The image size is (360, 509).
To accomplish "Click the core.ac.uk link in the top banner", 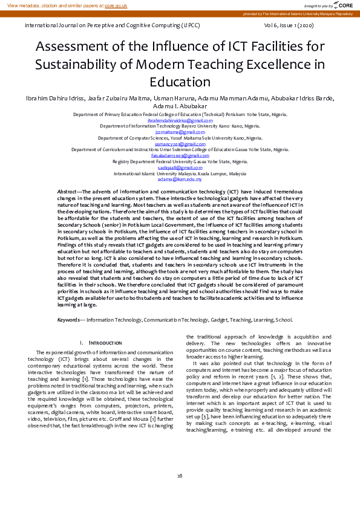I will pos(116,5).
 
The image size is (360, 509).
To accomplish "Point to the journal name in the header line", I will pos(110,27).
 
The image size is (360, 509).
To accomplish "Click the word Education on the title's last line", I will pos(180,82).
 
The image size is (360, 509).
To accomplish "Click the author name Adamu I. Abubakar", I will pos(180,106).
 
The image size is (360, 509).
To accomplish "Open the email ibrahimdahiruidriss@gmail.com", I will pos(180,120).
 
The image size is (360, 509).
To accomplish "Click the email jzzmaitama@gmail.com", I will pos(180,132).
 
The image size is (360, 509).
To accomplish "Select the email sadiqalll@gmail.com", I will pos(180,167).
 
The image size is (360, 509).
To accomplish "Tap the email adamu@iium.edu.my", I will pos(180,179).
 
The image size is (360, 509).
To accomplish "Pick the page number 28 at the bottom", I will pos(180,476).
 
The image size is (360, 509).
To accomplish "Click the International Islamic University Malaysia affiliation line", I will pos(180,173).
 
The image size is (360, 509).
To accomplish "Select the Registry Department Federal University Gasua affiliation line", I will pos(180,161).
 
